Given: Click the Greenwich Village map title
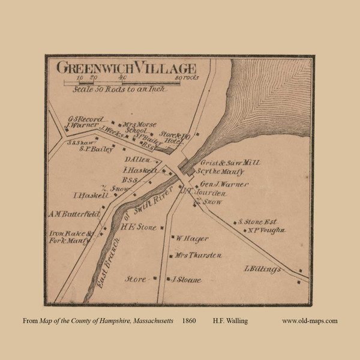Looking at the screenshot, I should click(x=124, y=66).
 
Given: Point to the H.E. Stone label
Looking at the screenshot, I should click(x=139, y=227).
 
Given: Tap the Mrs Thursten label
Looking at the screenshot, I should click(x=199, y=256).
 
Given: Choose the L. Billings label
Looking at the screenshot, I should click(x=263, y=269).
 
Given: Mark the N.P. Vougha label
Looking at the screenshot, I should click(x=262, y=230).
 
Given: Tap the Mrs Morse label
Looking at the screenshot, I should click(x=136, y=125).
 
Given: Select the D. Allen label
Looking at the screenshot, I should click(x=137, y=160).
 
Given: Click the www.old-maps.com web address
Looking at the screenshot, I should click(x=310, y=321).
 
